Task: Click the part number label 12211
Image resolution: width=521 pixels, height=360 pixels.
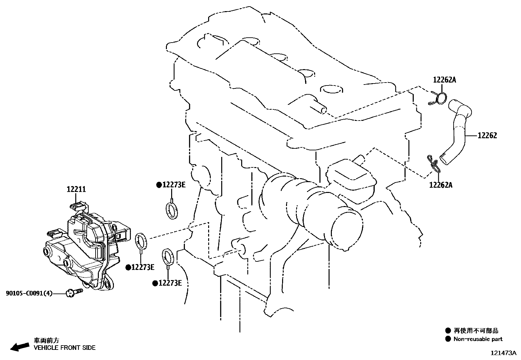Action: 76,189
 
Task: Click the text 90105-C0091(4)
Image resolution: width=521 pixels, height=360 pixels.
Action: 29,294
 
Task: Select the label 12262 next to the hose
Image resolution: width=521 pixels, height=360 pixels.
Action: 487,136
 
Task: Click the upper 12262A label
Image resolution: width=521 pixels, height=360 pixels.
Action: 444,80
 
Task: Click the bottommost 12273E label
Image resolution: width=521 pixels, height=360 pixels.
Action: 170,283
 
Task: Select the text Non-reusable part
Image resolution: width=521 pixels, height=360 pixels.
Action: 478,339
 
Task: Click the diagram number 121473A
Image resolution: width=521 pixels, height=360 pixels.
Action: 503,353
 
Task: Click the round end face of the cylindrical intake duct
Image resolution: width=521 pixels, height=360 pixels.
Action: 347,230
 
